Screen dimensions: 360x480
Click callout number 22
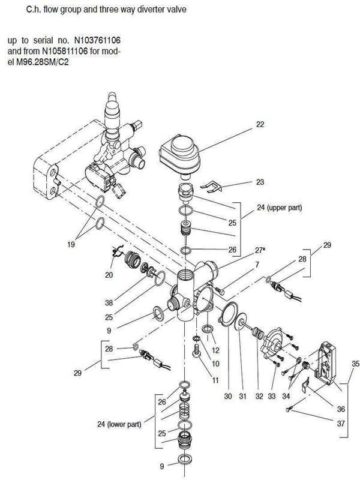[x=260, y=125]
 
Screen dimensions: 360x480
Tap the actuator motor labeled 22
[x=179, y=156]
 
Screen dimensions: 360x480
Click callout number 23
[x=260, y=182]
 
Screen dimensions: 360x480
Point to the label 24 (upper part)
[x=279, y=208]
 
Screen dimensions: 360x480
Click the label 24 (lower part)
[x=119, y=424]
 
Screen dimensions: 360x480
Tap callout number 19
[x=71, y=244]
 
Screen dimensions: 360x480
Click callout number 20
[x=109, y=275]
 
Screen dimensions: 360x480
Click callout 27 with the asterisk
[x=260, y=250]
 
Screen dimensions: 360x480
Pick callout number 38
[x=109, y=303]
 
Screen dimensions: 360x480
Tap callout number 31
[x=243, y=396]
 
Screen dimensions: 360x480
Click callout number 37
[x=341, y=424]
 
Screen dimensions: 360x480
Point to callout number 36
[x=341, y=409]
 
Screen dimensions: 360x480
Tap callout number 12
[x=215, y=350]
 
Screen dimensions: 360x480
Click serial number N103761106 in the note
[x=97, y=40]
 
